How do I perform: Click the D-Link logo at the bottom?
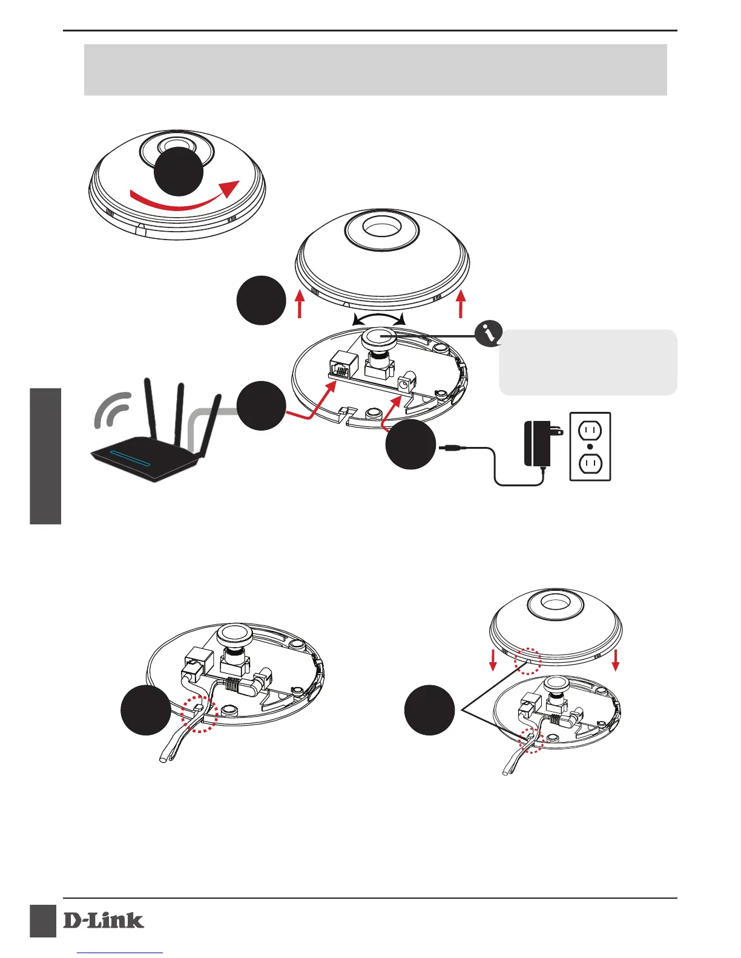(104, 921)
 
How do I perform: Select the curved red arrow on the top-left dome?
(182, 198)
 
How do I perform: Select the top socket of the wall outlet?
(590, 431)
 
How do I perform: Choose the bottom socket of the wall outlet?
(590, 464)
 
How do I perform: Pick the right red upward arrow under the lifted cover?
(461, 304)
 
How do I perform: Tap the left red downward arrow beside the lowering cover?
(493, 660)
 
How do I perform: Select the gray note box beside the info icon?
(588, 362)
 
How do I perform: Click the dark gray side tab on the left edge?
(45, 456)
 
